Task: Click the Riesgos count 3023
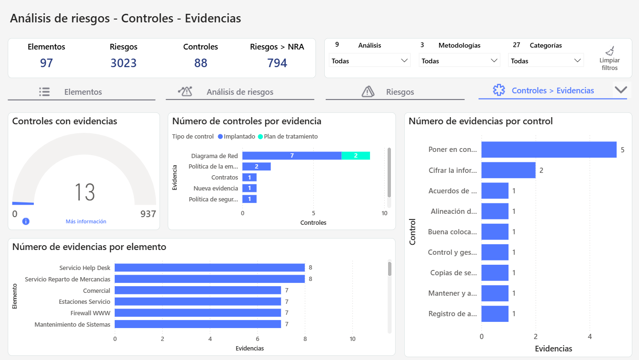123,63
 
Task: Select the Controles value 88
200,63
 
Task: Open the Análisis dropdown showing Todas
369,60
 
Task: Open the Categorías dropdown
546,60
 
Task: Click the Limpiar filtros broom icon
609,51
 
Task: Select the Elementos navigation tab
83,92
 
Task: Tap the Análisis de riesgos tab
240,92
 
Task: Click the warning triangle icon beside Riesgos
368,91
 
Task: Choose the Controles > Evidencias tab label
552,90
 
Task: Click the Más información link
86,221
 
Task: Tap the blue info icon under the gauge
26,221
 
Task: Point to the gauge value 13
85,192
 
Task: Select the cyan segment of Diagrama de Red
356,156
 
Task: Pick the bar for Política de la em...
256,167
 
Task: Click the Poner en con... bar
549,150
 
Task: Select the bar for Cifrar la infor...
508,170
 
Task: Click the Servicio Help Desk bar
210,268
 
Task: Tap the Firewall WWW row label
90,313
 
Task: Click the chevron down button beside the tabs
621,90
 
